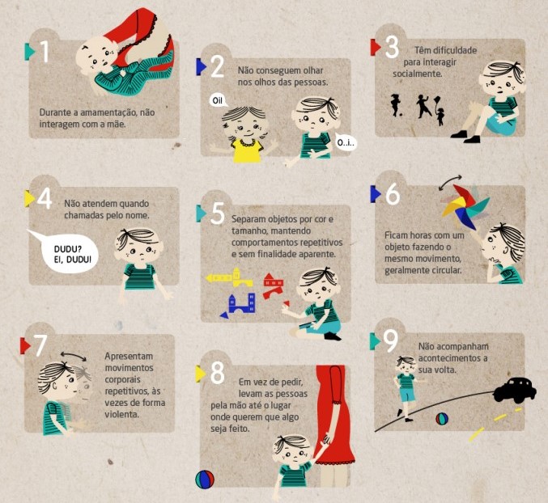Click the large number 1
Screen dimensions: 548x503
coord(45,51)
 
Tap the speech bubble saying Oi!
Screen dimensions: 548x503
coord(218,100)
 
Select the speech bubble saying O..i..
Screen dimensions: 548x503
coord(346,142)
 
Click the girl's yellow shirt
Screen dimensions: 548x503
coord(247,150)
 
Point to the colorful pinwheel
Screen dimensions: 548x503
coord(465,207)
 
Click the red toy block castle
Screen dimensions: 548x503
coord(274,285)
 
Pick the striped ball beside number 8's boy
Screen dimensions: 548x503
coord(205,480)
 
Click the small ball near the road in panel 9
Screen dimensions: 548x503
coord(442,419)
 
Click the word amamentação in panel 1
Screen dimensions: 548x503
coord(108,112)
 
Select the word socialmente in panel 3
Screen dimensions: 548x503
coord(418,74)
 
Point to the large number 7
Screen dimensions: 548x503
coord(40,345)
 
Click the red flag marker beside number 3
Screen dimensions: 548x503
coord(376,47)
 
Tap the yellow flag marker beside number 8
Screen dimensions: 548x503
coord(200,374)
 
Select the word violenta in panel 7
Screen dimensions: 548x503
coord(121,414)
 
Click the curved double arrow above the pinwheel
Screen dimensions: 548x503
coord(450,181)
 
